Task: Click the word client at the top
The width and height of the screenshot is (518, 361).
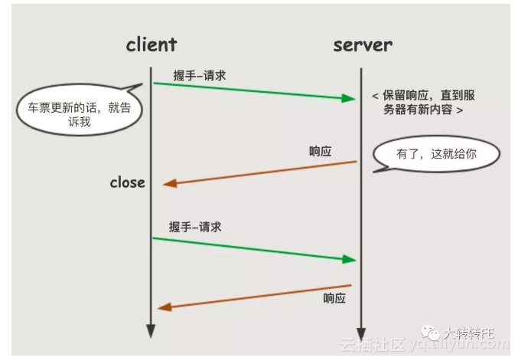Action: tap(151, 44)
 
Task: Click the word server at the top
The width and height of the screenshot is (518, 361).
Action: tap(362, 44)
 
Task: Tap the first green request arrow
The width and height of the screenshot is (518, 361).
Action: tap(252, 90)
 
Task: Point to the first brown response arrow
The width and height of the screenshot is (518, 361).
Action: tap(260, 172)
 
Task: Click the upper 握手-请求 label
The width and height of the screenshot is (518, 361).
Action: tap(200, 75)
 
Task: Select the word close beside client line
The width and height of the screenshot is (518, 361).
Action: tap(127, 182)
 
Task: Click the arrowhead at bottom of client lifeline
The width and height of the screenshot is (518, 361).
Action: tap(151, 330)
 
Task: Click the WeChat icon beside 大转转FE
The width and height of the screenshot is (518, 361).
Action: tap(433, 333)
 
